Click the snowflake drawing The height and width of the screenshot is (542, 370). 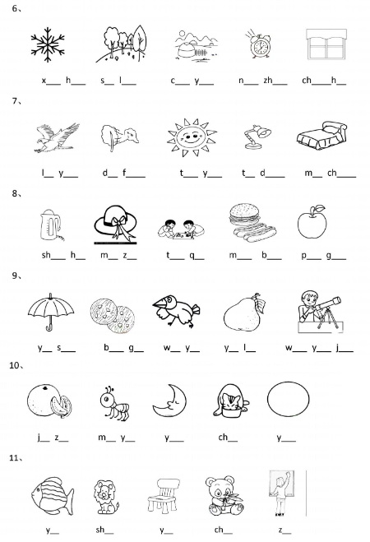coord(48,44)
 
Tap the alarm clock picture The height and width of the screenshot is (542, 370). coord(258,44)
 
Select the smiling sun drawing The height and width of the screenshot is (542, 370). coord(191,137)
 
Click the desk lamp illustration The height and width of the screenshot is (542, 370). coord(257,137)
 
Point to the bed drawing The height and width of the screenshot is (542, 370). coord(321,136)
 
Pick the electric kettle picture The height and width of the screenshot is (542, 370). coord(51,225)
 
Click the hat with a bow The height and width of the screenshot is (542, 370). coord(115,224)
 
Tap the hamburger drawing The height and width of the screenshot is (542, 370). coord(244,215)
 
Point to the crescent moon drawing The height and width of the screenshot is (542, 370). coord(170,401)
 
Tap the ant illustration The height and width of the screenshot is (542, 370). coord(114,403)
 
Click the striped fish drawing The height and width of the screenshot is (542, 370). coord(52,496)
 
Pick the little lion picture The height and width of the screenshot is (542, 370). coord(106,497)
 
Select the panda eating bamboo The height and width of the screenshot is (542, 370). coord(224,496)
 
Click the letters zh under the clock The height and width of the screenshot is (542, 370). coord(268,81)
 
